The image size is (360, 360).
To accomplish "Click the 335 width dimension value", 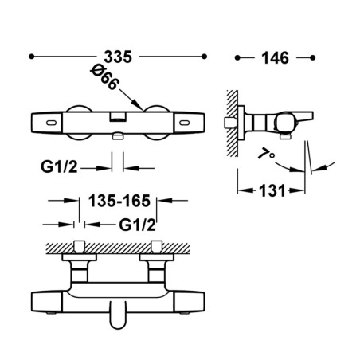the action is pos(118,57).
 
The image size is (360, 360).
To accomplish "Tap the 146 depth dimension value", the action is pos(275,58).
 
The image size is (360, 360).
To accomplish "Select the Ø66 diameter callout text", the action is pos(104,77).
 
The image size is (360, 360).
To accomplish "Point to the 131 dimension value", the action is pos(272,190).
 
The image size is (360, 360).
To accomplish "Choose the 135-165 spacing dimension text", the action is pos(119,201).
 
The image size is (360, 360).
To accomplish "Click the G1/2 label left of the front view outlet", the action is pos(59,167).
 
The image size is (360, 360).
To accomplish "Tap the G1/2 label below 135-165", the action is pos(137,225).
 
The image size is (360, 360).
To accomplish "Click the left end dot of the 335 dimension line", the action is pos(32,57).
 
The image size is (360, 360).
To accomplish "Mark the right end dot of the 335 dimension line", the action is pos(204,57).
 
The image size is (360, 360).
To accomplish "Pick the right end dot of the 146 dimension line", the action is pos(313,57).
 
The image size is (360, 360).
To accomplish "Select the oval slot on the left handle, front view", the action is pos(51,123).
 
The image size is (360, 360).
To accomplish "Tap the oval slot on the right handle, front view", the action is pos(185,123).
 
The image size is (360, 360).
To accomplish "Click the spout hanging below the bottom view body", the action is pos(118,315).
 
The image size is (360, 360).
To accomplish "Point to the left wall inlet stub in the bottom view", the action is pos(79,247).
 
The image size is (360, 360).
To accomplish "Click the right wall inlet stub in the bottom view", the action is pos(156,247).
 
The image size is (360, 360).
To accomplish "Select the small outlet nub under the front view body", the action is pos(118,137).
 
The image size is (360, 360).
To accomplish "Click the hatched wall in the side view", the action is pos(233,123).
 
